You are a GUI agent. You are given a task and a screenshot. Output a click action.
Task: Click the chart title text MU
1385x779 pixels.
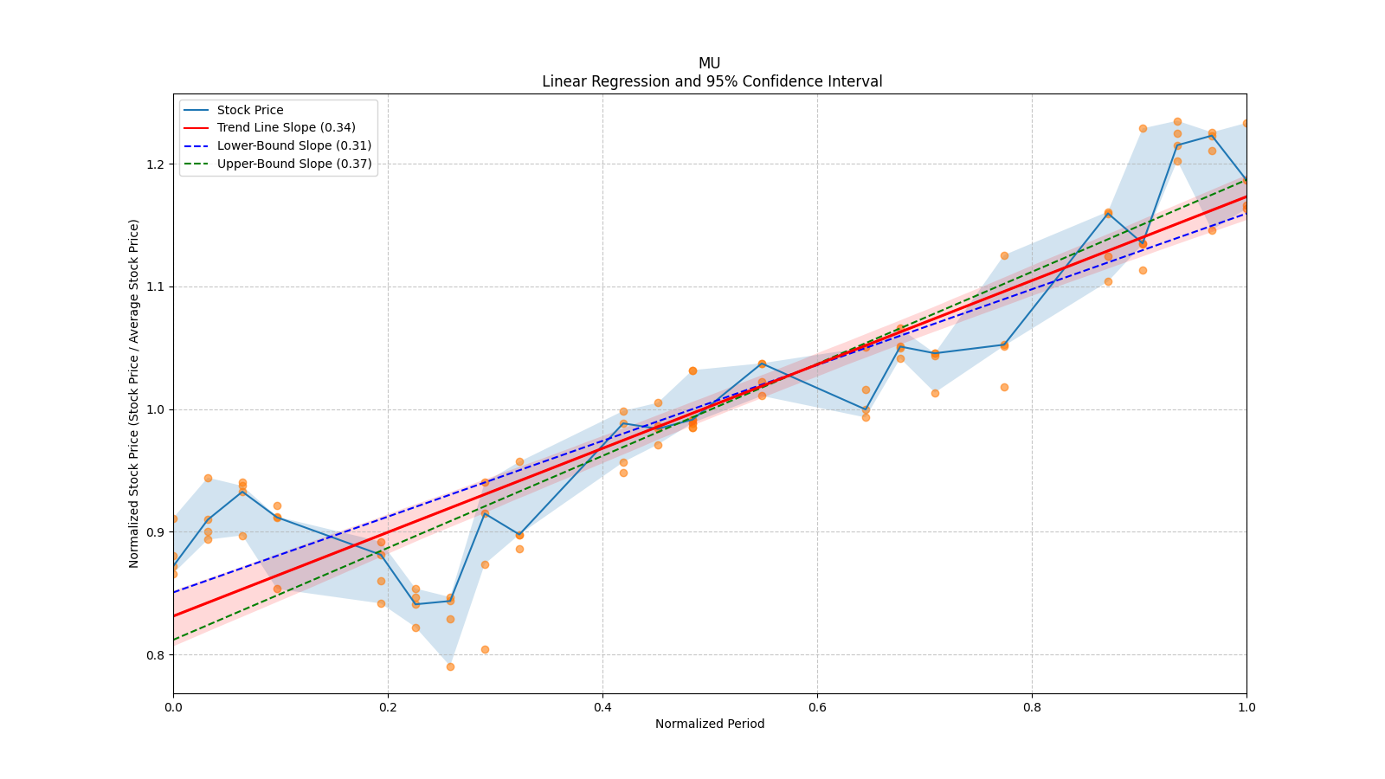coord(709,63)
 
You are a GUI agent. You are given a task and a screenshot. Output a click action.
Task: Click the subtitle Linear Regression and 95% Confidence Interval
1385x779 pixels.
coord(712,81)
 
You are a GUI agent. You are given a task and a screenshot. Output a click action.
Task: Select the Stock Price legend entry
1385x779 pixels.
coord(250,110)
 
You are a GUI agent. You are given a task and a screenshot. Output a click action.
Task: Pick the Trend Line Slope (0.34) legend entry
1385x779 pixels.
coord(286,128)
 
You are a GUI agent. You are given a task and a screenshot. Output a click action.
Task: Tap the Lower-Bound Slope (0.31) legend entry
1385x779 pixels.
coord(293,146)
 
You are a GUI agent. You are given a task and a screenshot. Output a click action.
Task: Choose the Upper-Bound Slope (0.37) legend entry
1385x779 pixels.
coord(294,164)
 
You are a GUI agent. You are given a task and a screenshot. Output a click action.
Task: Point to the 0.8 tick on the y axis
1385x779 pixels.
coord(155,655)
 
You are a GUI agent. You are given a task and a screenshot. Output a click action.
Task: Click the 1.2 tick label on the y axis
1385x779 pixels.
coord(155,164)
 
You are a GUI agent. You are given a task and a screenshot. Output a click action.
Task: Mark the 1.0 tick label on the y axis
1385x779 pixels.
coord(155,409)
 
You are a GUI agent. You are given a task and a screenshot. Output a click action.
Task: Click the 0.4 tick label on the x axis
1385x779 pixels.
coord(602,707)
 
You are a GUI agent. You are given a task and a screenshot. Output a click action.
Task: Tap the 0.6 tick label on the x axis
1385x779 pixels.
coord(817,707)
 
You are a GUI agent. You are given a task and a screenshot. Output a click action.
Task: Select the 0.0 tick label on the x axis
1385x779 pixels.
coord(173,707)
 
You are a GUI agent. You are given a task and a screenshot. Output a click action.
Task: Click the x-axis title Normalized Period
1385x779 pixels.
coord(710,724)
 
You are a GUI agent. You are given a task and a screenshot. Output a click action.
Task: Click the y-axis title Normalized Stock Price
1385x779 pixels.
coord(134,393)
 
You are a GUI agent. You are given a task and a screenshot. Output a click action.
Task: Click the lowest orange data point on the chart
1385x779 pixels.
coord(450,666)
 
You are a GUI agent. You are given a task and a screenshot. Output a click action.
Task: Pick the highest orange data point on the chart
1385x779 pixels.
coord(1177,122)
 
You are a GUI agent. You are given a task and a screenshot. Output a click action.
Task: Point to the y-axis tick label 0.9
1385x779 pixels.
coord(155,532)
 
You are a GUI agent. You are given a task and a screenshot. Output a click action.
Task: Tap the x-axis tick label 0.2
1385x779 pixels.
coord(388,707)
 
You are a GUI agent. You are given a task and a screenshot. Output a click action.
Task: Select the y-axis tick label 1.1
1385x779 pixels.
coord(155,287)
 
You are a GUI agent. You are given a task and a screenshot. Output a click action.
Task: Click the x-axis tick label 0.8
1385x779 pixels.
coord(1032,707)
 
